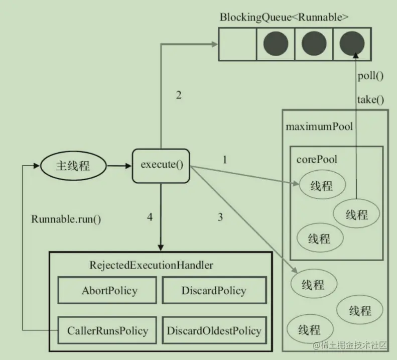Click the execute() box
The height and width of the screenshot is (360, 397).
tap(161, 165)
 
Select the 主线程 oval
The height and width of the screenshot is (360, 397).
tap(73, 165)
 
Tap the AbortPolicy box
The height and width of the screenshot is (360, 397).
tap(109, 291)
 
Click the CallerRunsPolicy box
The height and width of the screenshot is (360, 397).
tap(107, 330)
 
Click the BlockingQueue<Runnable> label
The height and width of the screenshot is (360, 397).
tap(284, 17)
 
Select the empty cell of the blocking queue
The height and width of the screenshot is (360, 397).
tap(237, 44)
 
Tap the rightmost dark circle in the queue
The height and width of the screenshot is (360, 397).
tap(352, 44)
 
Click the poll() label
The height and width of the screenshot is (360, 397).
tap(370, 76)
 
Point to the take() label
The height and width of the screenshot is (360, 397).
tap(370, 99)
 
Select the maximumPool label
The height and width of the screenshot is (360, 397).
tap(319, 126)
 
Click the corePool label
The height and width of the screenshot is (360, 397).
tap(317, 159)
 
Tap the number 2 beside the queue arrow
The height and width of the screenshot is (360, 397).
tap(178, 95)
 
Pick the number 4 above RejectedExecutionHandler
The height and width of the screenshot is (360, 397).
tap(150, 217)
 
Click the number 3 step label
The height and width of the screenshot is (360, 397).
tap(220, 217)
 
